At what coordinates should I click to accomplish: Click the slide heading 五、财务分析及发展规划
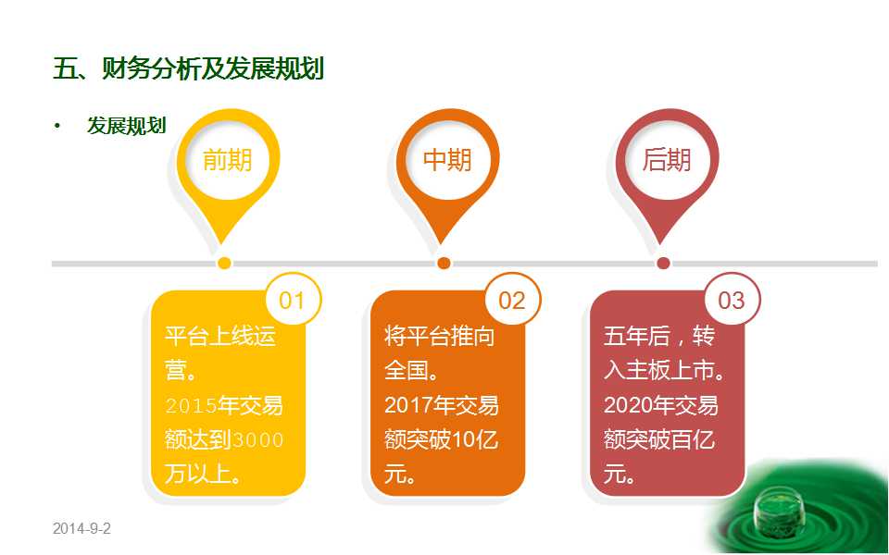[x=188, y=68]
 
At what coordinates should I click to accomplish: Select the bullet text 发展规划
[x=127, y=126]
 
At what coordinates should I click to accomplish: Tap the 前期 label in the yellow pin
[x=228, y=160]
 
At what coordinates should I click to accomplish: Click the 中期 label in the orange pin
[x=447, y=160]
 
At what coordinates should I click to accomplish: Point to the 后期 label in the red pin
[x=667, y=160]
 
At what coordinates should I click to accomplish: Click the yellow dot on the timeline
[x=224, y=263]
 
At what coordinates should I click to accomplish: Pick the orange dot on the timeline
[x=444, y=263]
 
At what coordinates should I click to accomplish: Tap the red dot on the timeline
[x=663, y=263]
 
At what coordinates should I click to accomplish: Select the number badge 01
[x=293, y=300]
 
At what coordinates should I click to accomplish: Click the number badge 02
[x=512, y=300]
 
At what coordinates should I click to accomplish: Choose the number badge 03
[x=732, y=300]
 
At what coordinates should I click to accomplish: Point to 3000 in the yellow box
[x=258, y=440]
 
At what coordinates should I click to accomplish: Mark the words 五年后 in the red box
[x=637, y=337]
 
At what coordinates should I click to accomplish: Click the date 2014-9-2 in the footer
[x=81, y=528]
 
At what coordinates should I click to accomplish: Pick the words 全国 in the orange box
[x=406, y=371]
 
